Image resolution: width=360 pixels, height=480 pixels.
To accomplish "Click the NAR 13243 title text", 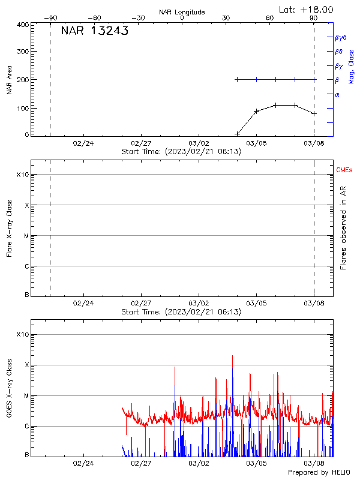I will (94, 32).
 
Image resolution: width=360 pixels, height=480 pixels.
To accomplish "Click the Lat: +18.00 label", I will (307, 10).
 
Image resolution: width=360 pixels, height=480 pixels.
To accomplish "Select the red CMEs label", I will (344, 170).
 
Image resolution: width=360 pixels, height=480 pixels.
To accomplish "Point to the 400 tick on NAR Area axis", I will (23, 25).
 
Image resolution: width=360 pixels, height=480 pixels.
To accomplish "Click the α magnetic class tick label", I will (337, 94).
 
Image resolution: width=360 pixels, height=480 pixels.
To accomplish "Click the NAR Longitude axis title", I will (182, 12).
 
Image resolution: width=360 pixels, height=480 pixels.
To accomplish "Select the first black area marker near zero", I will (237, 134).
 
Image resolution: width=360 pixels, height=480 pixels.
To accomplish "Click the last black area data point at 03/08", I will (314, 113).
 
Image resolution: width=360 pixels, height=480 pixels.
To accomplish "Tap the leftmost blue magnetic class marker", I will (237, 79).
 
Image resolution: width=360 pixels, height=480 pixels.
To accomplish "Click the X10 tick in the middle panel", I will (23, 175).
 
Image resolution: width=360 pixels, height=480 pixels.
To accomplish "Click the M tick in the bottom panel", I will (26, 396).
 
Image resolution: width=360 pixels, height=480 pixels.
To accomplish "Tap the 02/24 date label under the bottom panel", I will (83, 463).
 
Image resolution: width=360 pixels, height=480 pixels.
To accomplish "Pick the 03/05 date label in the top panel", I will (256, 143).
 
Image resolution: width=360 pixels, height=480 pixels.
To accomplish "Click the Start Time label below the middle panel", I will (181, 312).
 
